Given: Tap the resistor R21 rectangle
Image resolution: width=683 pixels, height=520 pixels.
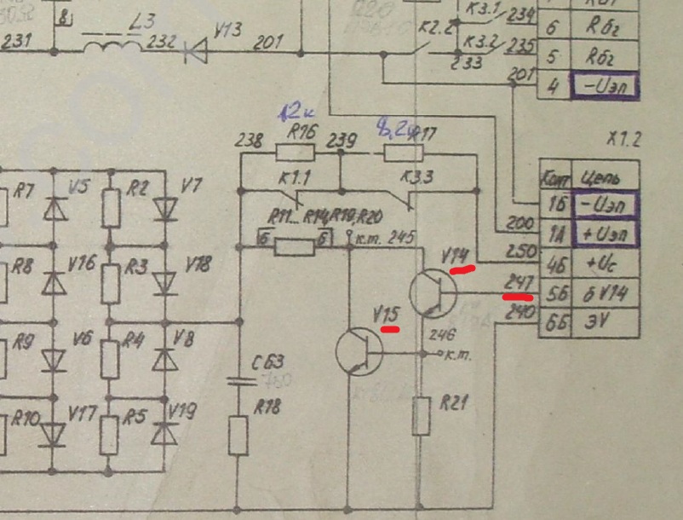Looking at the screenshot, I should [x=421, y=415].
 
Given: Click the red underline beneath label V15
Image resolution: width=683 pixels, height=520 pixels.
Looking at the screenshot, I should [x=391, y=327].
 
